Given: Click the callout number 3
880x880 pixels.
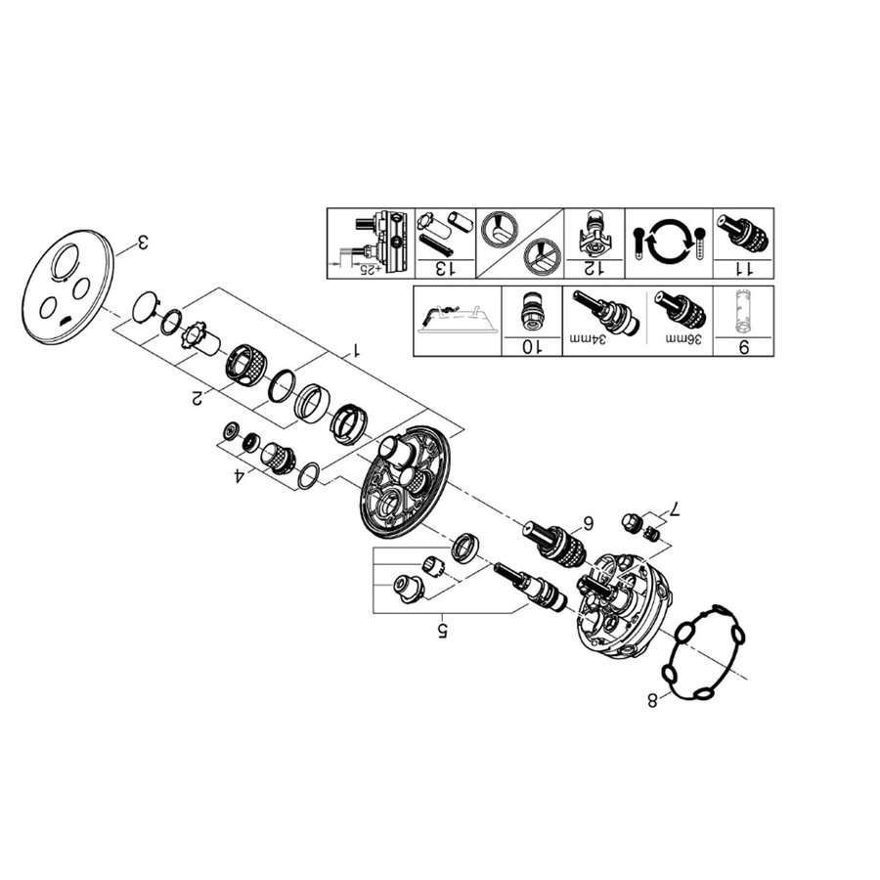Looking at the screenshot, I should coord(142,242).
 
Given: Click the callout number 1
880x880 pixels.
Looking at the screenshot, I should coord(357,349).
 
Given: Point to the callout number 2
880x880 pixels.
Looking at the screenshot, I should coord(198,396).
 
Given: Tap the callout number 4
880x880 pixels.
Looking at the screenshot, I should coord(238,477).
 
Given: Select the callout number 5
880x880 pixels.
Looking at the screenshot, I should coord(442,629).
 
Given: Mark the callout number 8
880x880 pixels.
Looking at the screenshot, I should coord(652,698).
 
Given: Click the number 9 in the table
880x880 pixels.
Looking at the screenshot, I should coord(744,345).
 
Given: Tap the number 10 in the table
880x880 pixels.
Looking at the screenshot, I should coord(531,345).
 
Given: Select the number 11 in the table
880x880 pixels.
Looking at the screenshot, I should coord(743,266).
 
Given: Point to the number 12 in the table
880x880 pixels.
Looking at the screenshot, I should coord(592,266).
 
